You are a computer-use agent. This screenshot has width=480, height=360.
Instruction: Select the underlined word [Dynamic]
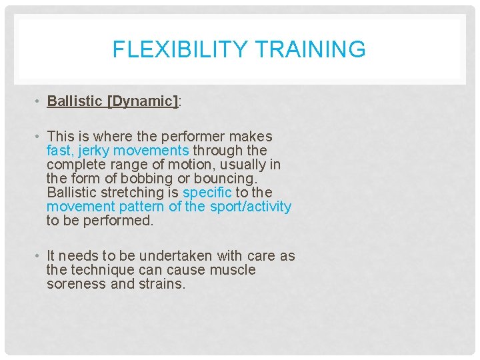tap(143, 101)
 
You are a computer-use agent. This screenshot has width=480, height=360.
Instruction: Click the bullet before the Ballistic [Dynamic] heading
tap(39, 101)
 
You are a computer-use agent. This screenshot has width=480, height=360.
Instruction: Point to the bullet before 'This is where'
tap(39, 137)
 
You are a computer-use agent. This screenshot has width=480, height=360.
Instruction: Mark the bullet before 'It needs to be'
tap(39, 256)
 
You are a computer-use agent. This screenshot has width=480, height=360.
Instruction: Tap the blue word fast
tap(59, 151)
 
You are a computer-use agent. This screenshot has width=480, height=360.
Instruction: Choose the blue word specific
tap(207, 193)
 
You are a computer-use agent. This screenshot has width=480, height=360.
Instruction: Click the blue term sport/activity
tap(251, 207)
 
